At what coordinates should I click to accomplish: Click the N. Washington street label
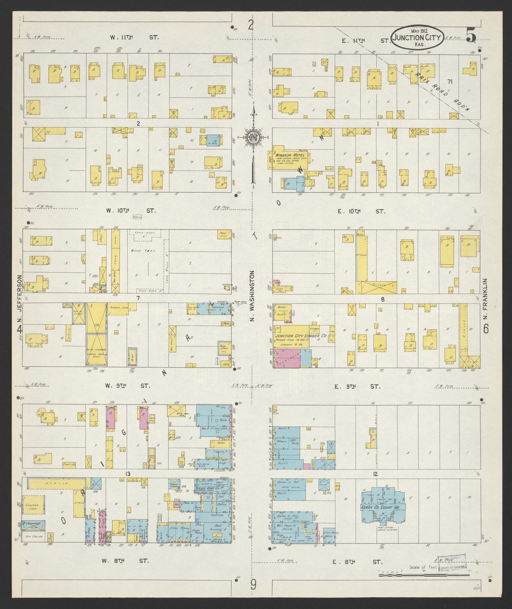click(x=253, y=296)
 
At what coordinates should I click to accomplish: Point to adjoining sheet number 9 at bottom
click(x=253, y=585)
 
